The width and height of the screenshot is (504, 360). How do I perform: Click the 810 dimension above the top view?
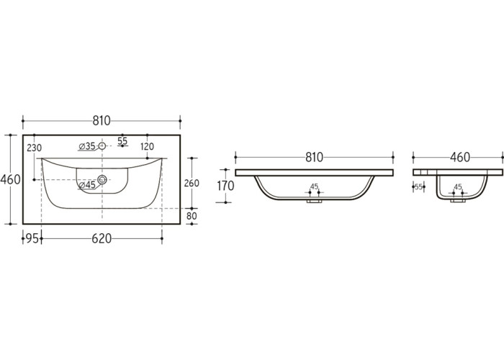pyautogui.click(x=102, y=121)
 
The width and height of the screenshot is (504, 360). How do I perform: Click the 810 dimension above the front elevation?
pyautogui.click(x=314, y=158)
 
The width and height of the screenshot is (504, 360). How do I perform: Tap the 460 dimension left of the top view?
pyautogui.click(x=10, y=179)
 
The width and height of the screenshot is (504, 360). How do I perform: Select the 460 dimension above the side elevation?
pyautogui.click(x=460, y=158)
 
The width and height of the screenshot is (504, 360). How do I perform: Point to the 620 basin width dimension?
pyautogui.click(x=102, y=239)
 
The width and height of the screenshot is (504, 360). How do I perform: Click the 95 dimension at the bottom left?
pyautogui.click(x=32, y=239)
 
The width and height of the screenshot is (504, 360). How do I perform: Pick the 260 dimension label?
pyautogui.click(x=192, y=183)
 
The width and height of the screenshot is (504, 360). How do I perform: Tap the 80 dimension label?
pyautogui.click(x=192, y=216)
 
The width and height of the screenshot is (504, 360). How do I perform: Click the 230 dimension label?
pyautogui.click(x=34, y=148)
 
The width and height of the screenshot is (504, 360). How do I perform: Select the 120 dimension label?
pyautogui.click(x=147, y=147)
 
